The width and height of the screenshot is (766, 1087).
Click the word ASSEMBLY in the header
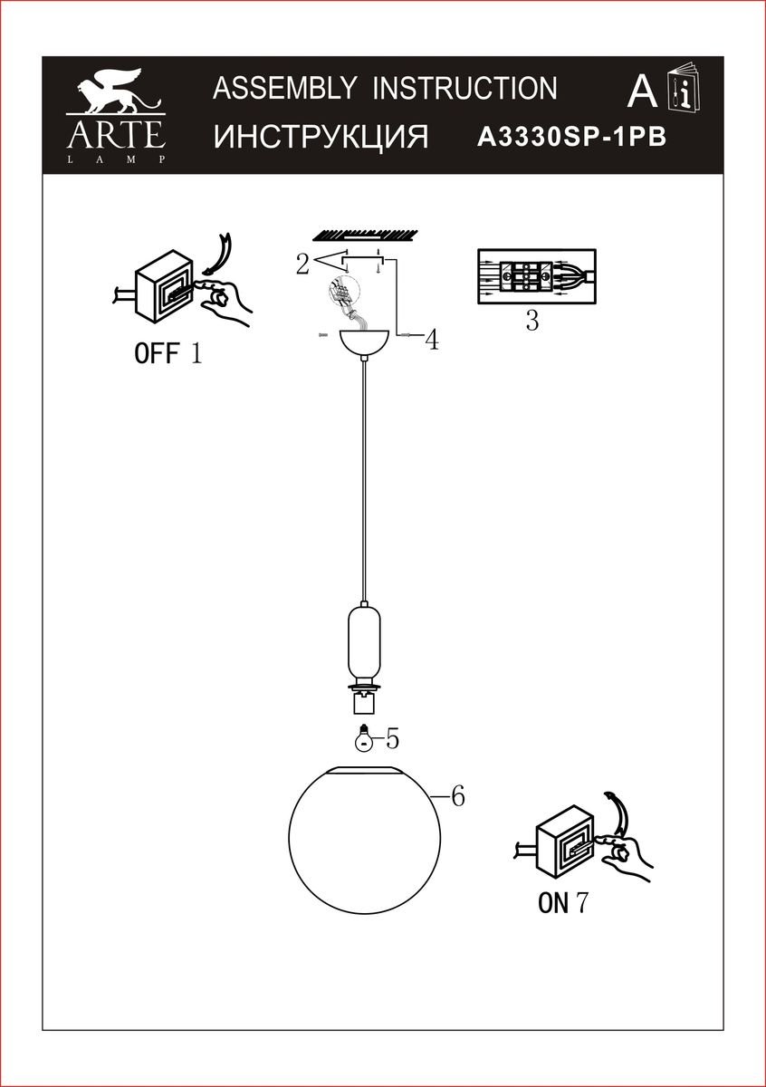[x=285, y=89]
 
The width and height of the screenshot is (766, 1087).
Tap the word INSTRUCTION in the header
[x=464, y=89]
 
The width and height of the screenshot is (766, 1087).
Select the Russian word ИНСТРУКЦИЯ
[x=321, y=137]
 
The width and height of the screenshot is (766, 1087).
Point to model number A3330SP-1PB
[x=572, y=138]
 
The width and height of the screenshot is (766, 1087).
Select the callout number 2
[x=302, y=265]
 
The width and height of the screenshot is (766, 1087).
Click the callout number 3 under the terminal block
[x=532, y=321]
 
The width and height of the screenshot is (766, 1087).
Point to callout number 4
[x=432, y=341]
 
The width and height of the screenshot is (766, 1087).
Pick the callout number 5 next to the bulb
[x=392, y=739]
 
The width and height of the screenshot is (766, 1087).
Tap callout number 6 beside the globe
[x=458, y=796]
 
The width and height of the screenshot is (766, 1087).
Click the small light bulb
[x=364, y=738]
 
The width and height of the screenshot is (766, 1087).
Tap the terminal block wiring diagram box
[x=537, y=276]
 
